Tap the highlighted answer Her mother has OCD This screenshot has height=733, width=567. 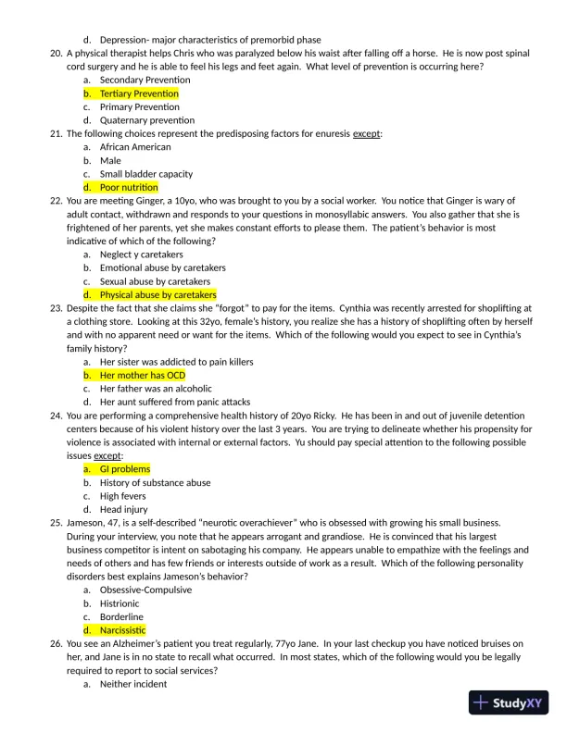pos(143,376)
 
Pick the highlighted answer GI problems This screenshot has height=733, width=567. pos(124,469)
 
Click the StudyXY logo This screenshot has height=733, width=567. pos(509,702)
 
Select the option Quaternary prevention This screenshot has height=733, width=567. pos(147,120)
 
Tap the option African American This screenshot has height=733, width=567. pos(135,147)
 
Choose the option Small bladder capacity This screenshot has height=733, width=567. pos(146,174)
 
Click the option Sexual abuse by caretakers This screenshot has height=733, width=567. pos(155,281)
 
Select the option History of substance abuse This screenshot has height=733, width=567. pos(155,483)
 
